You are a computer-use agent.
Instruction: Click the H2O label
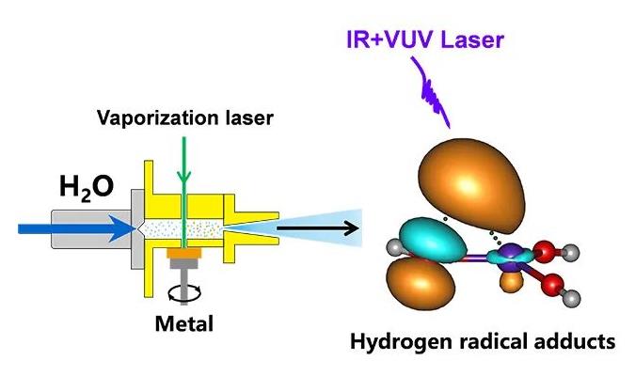pos(87,187)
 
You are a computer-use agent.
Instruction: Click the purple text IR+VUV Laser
pos(425,40)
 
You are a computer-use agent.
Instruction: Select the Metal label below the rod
pos(184,323)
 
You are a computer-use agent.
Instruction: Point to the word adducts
pos(575,341)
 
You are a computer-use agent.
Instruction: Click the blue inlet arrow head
pos(122,228)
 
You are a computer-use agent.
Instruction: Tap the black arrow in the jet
pos(318,228)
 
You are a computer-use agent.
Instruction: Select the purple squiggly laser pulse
pos(431,92)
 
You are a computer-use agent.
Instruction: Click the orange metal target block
pos(184,253)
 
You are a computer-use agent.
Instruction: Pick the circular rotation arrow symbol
pos(184,293)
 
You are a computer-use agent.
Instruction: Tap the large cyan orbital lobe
pos(432,241)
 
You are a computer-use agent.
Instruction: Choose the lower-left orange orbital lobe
pos(421,283)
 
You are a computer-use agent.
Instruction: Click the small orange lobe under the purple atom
pos(511,281)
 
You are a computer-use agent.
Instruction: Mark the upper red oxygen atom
pos(544,251)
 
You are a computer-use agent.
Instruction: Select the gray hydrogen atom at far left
pos(394,247)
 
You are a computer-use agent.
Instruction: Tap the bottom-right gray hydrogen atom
pos(572,299)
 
